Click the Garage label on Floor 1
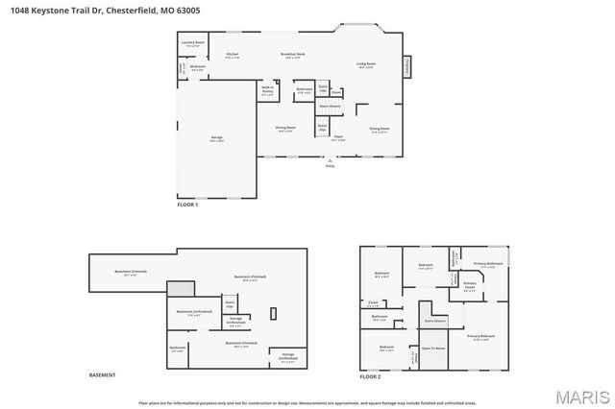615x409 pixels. click(x=217, y=137)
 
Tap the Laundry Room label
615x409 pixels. click(x=193, y=43)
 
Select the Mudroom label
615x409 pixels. click(x=197, y=67)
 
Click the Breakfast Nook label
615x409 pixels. click(x=293, y=55)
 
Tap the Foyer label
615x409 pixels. click(x=338, y=136)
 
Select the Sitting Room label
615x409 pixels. click(x=380, y=128)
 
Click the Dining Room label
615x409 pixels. click(x=286, y=128)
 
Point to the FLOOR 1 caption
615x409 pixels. click(x=187, y=205)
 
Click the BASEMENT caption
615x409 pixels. click(x=102, y=374)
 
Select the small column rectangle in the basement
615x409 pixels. click(x=274, y=313)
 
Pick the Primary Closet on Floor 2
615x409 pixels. click(x=470, y=286)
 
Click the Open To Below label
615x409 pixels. click(x=433, y=348)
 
